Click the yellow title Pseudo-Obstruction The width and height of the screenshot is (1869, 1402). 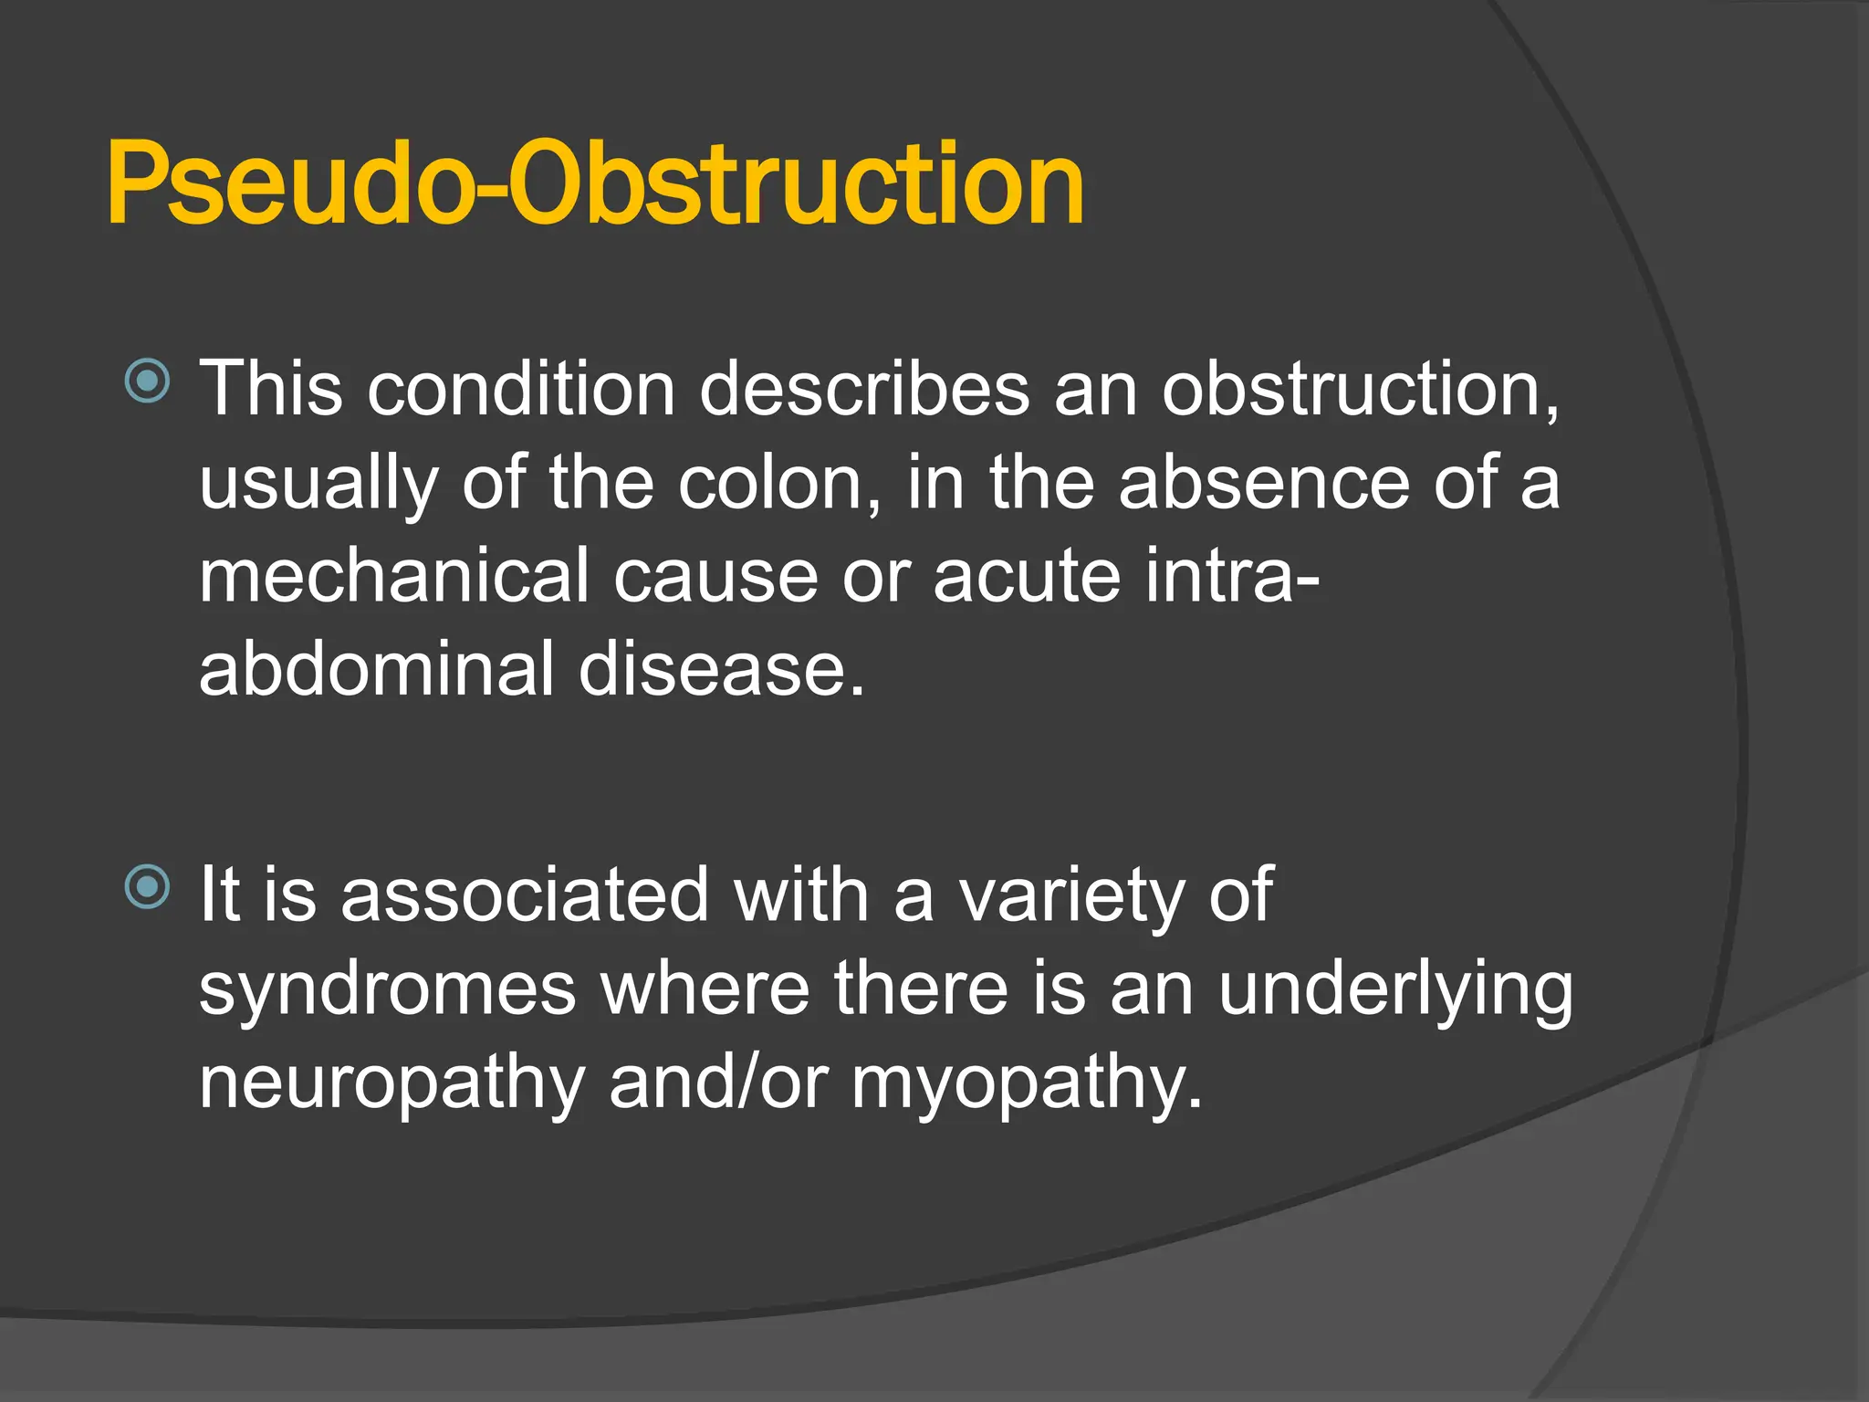coord(595,183)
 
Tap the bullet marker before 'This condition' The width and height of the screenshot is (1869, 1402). coord(147,381)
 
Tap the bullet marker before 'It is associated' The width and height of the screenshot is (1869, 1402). coord(147,886)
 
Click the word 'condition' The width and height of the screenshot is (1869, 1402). coord(521,389)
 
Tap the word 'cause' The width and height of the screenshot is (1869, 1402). coord(715,576)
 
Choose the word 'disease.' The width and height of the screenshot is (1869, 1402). coord(721,669)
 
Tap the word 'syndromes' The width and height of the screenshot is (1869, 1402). coord(388,990)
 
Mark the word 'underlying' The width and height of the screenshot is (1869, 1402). coord(1396,990)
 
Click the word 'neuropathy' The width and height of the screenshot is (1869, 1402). coord(392,1084)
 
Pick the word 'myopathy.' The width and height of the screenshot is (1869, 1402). coord(1028,1084)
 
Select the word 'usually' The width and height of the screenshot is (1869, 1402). coord(318,484)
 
